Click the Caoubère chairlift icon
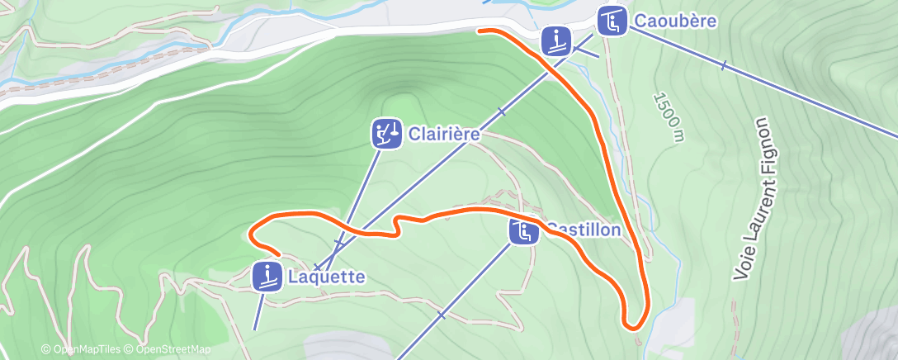pyautogui.click(x=612, y=21)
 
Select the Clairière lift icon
pyautogui.click(x=386, y=133)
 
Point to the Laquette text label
pyautogui.click(x=326, y=277)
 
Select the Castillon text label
pyautogui.click(x=583, y=229)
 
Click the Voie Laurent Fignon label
pyautogui.click(x=757, y=198)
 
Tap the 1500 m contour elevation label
pyautogui.click(x=669, y=117)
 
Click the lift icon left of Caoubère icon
pyautogui.click(x=556, y=40)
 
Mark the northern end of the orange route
pyautogui.click(x=480, y=31)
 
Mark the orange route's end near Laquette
pyautogui.click(x=280, y=255)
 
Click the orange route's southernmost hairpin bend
pyautogui.click(x=634, y=326)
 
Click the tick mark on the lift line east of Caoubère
pyautogui.click(x=723, y=65)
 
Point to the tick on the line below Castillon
pyautogui.click(x=442, y=314)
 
